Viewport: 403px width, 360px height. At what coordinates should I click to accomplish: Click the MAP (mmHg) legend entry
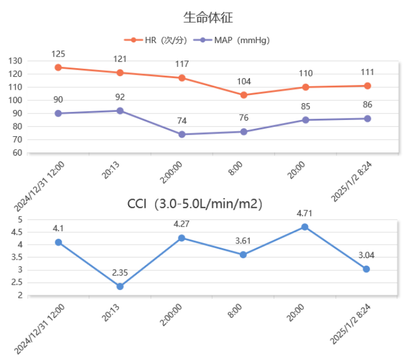(234, 40)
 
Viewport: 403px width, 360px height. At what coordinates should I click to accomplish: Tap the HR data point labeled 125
(58, 68)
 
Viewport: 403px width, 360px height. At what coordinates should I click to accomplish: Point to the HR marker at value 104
(243, 95)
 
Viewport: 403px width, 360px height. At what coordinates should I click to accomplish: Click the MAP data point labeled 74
(182, 134)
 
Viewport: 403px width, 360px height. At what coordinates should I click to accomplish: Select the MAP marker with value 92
(120, 111)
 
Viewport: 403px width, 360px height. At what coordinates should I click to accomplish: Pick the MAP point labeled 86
(367, 118)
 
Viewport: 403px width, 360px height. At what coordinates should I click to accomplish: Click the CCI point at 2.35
(120, 287)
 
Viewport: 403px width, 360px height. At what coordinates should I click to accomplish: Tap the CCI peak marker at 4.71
(305, 227)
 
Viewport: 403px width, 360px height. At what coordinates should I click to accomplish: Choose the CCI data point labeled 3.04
(366, 269)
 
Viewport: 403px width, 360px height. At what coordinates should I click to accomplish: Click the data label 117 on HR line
(182, 64)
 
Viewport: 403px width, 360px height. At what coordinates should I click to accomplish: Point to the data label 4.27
(182, 224)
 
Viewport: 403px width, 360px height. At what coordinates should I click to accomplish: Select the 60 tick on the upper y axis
(17, 153)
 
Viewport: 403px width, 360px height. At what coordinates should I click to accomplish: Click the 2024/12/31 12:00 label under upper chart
(39, 186)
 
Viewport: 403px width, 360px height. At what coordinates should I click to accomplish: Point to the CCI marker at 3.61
(243, 255)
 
